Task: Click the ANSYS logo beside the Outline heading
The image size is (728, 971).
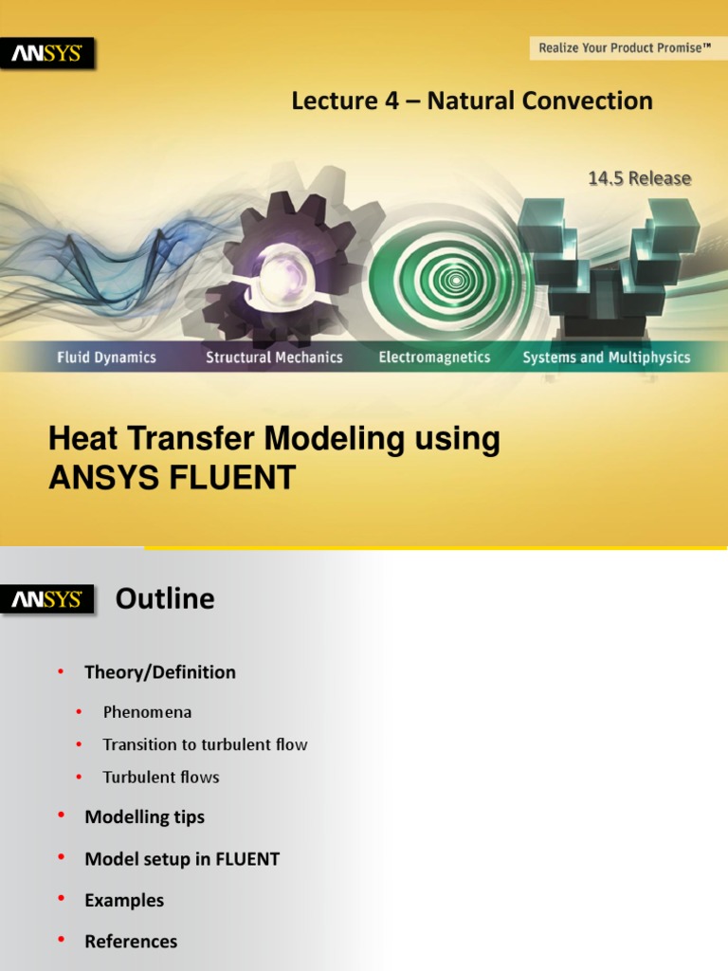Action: (47, 599)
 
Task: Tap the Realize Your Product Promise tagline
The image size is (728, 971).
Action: (625, 47)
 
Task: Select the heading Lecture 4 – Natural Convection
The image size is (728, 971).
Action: (472, 101)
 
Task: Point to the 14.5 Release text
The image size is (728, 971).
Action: (640, 178)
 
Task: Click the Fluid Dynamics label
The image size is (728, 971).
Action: (106, 357)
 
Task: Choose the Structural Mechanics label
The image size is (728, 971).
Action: (274, 357)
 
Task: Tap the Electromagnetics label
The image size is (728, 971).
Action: (434, 357)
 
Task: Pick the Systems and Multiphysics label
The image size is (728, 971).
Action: (607, 357)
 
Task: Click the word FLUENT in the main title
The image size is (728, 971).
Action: (234, 478)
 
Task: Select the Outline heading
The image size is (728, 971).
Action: (165, 599)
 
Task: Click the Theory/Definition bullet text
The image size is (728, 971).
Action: (160, 672)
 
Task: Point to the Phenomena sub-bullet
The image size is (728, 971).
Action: (147, 712)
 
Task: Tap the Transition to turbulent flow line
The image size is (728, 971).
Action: (205, 744)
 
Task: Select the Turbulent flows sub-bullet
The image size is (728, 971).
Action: (161, 778)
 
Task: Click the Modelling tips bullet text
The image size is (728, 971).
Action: (144, 816)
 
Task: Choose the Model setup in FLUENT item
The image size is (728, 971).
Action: (182, 859)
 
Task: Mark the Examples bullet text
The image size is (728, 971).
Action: (124, 900)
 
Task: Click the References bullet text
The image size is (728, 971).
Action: (131, 942)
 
